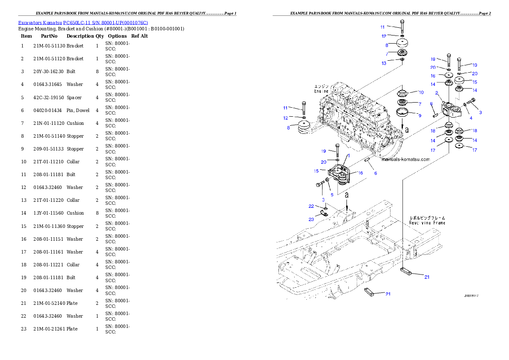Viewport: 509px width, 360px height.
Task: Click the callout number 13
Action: (x=384, y=63)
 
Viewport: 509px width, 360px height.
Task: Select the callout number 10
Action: (x=421, y=92)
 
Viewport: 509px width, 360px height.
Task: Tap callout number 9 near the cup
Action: (x=420, y=115)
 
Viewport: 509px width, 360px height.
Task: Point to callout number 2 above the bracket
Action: (x=436, y=93)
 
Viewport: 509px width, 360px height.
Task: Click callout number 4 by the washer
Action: (x=471, y=118)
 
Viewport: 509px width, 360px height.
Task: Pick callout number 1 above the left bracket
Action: (x=349, y=156)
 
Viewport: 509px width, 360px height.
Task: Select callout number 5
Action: (x=331, y=195)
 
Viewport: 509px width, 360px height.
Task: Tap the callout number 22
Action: (x=311, y=206)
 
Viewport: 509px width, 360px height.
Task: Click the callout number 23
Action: (x=311, y=219)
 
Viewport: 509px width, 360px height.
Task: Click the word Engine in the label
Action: (x=321, y=91)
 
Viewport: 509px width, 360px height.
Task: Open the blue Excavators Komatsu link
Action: (x=83, y=23)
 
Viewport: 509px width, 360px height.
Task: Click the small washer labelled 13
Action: (x=402, y=59)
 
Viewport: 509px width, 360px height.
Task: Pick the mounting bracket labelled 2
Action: (x=452, y=110)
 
